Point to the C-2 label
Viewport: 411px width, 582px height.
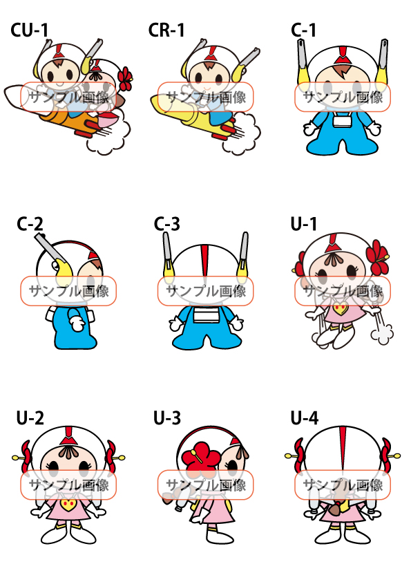[30, 224]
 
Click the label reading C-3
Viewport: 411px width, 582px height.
[167, 224]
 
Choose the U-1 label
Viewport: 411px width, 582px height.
[304, 224]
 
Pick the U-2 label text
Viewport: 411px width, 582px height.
[30, 418]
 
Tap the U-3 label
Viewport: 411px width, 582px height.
[167, 418]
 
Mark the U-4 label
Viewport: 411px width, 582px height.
[305, 418]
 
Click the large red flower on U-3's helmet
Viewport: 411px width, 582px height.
[201, 457]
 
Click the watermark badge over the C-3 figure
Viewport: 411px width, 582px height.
[205, 292]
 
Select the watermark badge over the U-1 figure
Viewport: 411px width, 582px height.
[343, 292]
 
